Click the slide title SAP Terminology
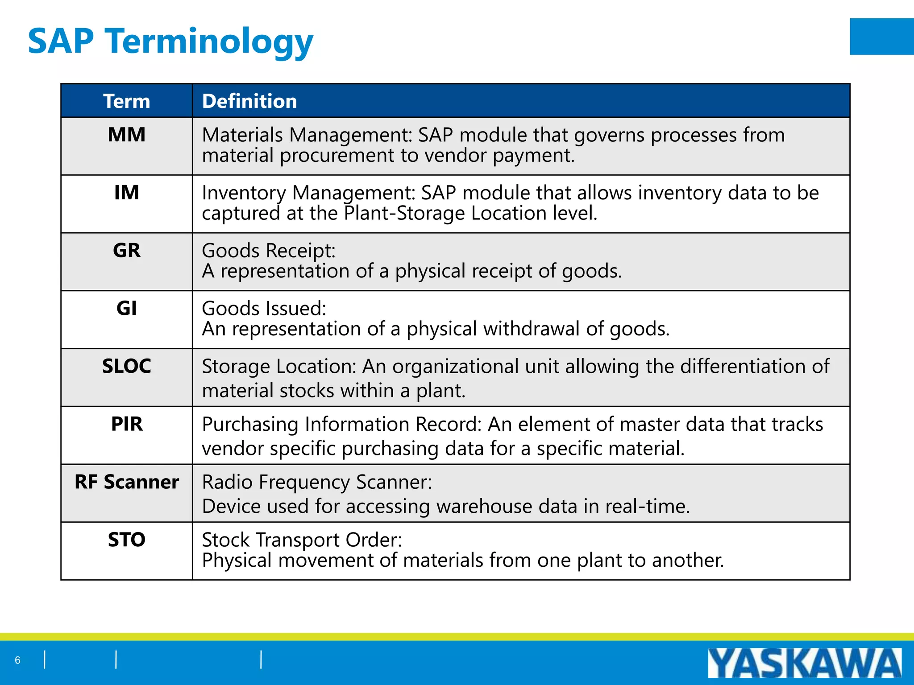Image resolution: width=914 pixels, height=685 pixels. pyautogui.click(x=170, y=41)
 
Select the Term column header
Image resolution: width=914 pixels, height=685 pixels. pyautogui.click(x=127, y=101)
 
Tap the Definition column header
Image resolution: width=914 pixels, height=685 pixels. pyautogui.click(x=249, y=101)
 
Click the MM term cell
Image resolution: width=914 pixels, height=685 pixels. pyautogui.click(x=127, y=135)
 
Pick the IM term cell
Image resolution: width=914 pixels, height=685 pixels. pyautogui.click(x=127, y=193)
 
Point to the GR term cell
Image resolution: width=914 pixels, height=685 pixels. pyautogui.click(x=127, y=250)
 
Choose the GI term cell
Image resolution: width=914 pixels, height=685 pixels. pyautogui.click(x=127, y=308)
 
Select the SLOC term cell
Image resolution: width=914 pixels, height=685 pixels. pyautogui.click(x=127, y=366)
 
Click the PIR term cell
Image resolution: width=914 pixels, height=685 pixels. pyautogui.click(x=127, y=424)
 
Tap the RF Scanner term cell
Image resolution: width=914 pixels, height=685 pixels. pyautogui.click(x=127, y=482)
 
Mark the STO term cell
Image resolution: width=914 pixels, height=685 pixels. pyautogui.click(x=127, y=540)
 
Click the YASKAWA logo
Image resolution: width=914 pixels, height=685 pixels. pyautogui.click(x=804, y=663)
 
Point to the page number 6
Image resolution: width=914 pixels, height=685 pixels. pyautogui.click(x=18, y=660)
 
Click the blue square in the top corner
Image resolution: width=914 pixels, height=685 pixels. pyautogui.click(x=881, y=37)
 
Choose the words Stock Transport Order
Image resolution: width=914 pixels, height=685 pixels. pyautogui.click(x=302, y=540)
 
